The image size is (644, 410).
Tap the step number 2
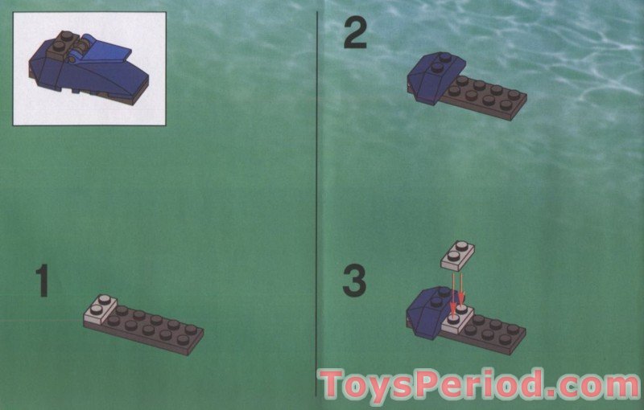tap(355, 35)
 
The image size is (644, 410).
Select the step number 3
tap(354, 281)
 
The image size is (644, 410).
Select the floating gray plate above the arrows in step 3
tap(457, 254)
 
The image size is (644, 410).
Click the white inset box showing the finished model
tap(89, 68)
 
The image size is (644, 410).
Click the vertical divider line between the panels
tap(317, 201)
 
